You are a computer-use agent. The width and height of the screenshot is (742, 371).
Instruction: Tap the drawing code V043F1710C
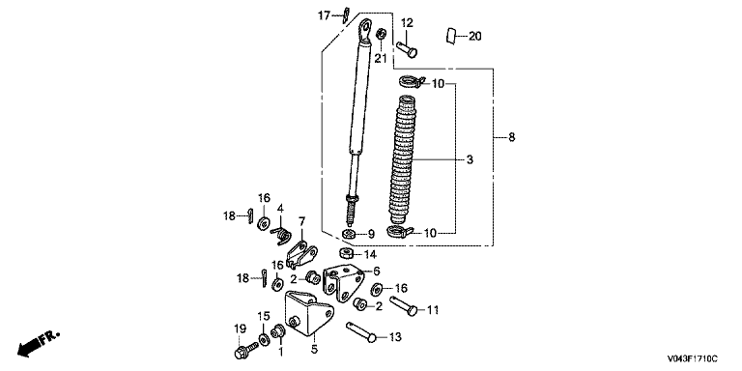[x=693, y=358]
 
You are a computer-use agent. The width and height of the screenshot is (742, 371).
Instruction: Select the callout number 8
[x=511, y=138]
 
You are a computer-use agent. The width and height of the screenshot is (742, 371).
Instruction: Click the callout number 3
[x=469, y=160]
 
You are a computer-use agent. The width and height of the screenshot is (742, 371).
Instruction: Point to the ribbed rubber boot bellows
[x=402, y=160]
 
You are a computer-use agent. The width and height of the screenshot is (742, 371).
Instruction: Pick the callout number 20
[x=474, y=36]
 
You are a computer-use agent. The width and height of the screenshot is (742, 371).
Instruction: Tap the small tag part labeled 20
[x=450, y=36]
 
